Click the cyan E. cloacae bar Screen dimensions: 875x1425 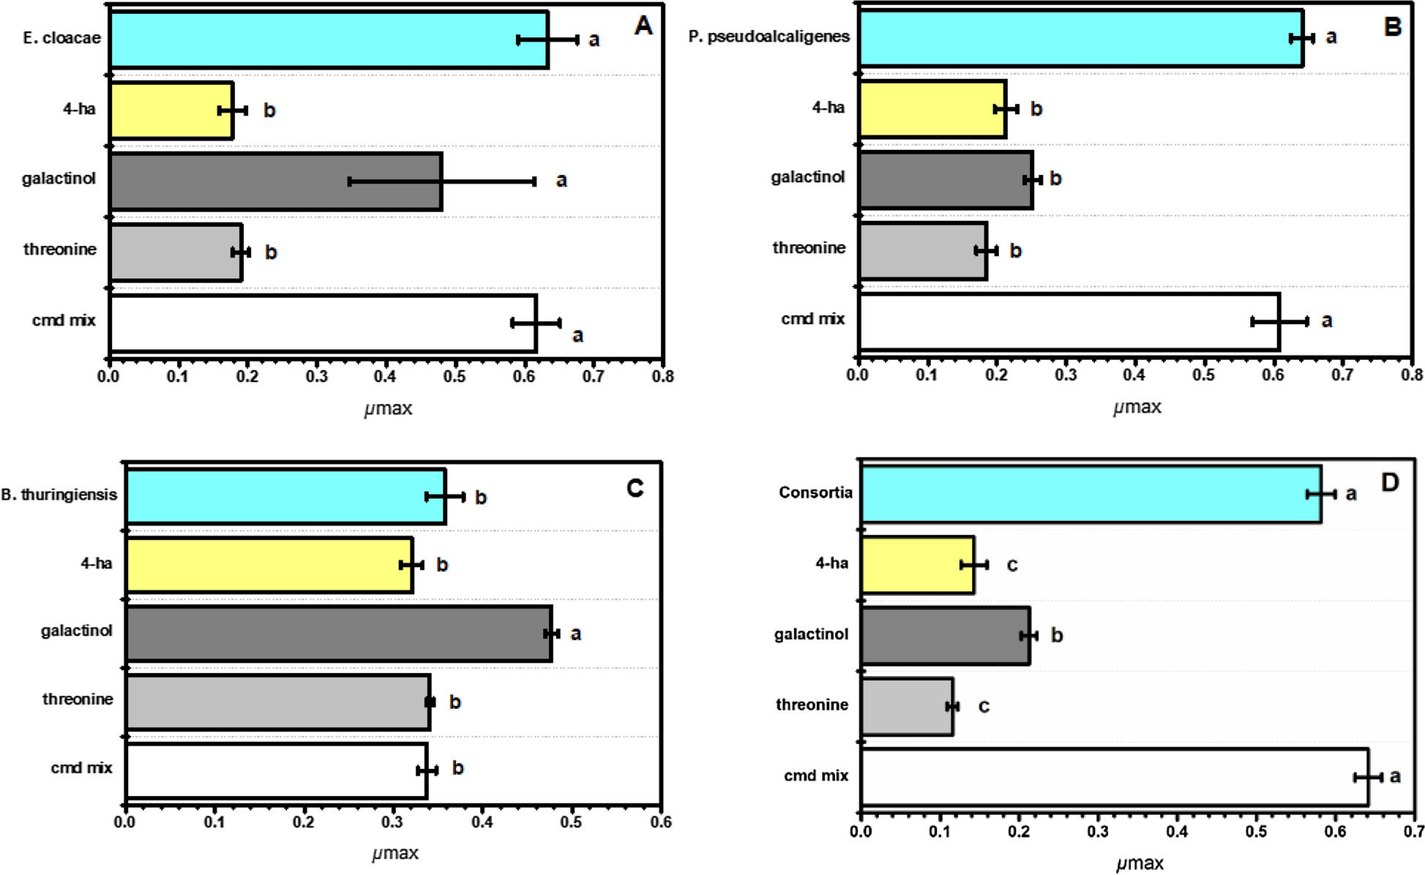[329, 40]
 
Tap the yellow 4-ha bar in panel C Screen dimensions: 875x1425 [269, 565]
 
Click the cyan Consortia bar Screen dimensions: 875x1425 [1091, 495]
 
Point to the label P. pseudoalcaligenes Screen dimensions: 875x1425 [768, 37]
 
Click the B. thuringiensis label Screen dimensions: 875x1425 [59, 495]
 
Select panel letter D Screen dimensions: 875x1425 [1389, 483]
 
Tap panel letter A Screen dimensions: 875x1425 [643, 26]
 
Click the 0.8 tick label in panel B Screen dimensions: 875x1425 [1412, 376]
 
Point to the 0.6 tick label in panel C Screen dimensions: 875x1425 [660, 822]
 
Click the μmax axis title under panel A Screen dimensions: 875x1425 [388, 408]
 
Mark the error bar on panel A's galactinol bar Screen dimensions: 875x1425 [442, 181]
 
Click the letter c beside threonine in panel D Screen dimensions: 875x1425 [984, 707]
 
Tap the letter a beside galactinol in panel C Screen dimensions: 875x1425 [575, 634]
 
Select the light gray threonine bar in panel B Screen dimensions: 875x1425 [923, 251]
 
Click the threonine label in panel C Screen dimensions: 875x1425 [78, 699]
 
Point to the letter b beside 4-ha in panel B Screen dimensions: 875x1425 [1036, 110]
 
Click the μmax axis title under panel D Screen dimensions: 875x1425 [1139, 864]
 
